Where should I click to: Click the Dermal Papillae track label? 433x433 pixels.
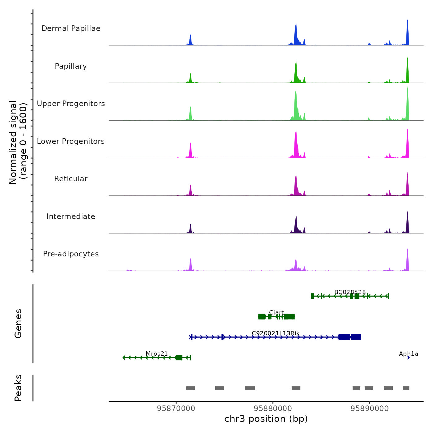point(71,28)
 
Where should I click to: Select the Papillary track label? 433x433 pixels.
point(71,66)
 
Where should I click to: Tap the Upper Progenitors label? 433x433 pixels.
point(71,104)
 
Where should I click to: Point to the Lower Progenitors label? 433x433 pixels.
point(71,141)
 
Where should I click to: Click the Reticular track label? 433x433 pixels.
point(71,179)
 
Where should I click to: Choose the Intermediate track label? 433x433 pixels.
point(71,216)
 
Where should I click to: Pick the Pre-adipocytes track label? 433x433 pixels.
point(71,254)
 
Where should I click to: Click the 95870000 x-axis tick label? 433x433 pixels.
point(176,409)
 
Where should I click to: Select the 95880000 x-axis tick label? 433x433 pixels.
point(273,409)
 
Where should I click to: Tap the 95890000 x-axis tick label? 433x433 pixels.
point(370,409)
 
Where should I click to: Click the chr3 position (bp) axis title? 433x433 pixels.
point(266,419)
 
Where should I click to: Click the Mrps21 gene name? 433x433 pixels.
point(157,354)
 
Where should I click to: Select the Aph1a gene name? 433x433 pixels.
point(408,354)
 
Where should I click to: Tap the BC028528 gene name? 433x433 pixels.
point(350,292)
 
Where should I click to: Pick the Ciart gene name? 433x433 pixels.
point(276,312)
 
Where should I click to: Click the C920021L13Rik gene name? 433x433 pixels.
point(276,333)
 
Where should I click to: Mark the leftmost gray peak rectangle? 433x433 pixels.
point(191,388)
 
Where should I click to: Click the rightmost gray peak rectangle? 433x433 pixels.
point(406,388)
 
